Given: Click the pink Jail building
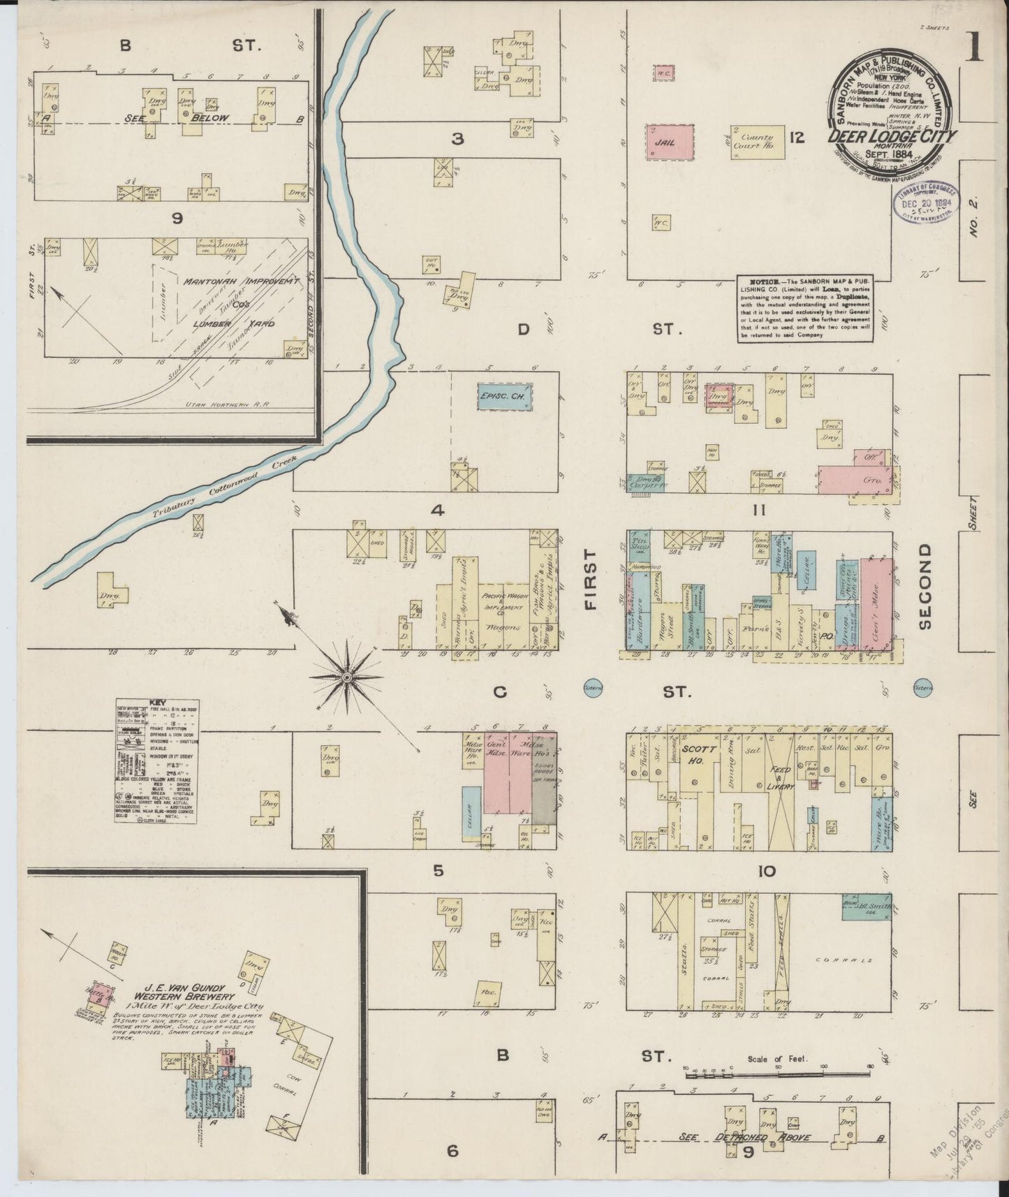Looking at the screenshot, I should click(671, 142).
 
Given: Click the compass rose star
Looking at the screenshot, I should click(347, 676).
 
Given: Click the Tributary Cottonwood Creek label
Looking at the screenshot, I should click(225, 487).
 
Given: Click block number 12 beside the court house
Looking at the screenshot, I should click(797, 138).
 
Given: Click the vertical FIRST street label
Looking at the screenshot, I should click(591, 580).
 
